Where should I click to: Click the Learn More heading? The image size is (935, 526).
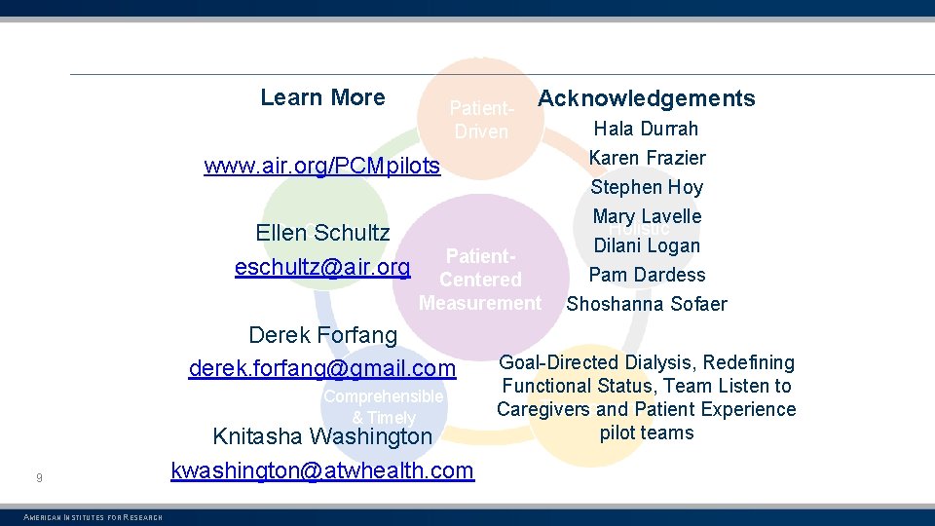[x=322, y=97]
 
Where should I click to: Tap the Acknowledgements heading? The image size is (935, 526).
[x=646, y=98]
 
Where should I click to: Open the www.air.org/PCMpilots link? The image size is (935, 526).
[x=322, y=166]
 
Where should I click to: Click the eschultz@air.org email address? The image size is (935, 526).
[x=322, y=267]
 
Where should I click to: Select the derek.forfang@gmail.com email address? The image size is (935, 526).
[x=322, y=368]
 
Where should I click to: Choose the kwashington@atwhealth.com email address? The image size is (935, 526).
[x=322, y=470]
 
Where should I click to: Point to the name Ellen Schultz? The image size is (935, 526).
[x=322, y=233]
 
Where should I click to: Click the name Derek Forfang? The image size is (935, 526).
[x=322, y=335]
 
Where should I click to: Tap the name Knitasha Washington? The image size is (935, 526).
[x=322, y=436]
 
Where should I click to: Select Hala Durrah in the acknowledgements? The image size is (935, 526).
[x=646, y=129]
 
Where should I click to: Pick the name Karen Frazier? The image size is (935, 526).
[x=647, y=158]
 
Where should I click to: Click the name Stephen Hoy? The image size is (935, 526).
[x=647, y=187]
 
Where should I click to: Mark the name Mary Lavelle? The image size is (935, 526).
[x=647, y=216]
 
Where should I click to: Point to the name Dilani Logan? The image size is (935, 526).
[x=647, y=245]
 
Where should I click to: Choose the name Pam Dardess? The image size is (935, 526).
[x=647, y=275]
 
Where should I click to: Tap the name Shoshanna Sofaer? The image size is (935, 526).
[x=647, y=304]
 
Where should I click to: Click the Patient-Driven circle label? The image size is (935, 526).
[x=480, y=119]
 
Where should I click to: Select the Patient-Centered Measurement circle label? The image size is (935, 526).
[x=480, y=280]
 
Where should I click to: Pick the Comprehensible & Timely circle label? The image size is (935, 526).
[x=384, y=407]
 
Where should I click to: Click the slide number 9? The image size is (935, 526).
[x=38, y=477]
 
